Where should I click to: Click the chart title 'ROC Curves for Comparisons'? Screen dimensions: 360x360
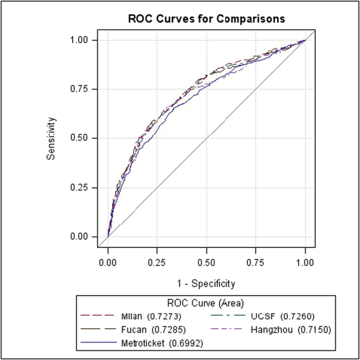206,19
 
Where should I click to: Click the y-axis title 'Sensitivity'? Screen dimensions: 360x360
51,138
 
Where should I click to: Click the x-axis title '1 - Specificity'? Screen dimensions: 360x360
206,283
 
